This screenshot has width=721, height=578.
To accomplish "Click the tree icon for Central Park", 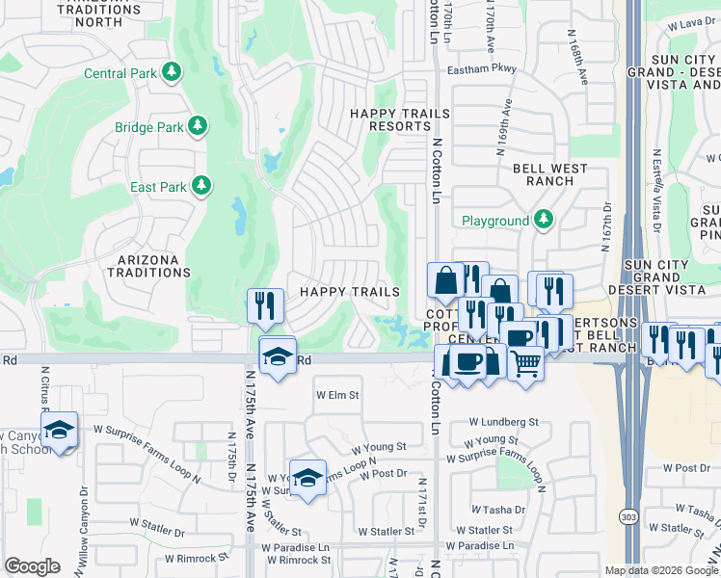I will pyautogui.click(x=172, y=72).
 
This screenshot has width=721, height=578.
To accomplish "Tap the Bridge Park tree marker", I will pyautogui.click(x=197, y=126).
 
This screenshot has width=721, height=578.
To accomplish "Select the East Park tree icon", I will pyautogui.click(x=201, y=184).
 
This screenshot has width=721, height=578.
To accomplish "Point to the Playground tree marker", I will pyautogui.click(x=544, y=221).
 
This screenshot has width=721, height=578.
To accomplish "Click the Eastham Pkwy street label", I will pyautogui.click(x=481, y=69).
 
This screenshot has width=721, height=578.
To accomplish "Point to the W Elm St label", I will pyautogui.click(x=337, y=395).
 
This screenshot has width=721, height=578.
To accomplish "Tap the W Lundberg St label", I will pyautogui.click(x=503, y=422).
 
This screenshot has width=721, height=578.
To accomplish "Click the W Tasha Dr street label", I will pyautogui.click(x=498, y=510).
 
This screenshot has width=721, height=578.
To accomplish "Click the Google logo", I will pyautogui.click(x=32, y=565).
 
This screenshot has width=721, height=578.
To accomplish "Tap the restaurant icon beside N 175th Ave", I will pyautogui.click(x=265, y=305).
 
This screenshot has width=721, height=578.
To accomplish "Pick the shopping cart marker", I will pyautogui.click(x=525, y=364).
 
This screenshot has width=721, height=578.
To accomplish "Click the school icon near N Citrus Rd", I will pyautogui.click(x=60, y=429).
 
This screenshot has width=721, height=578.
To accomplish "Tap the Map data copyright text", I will pyautogui.click(x=661, y=570).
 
